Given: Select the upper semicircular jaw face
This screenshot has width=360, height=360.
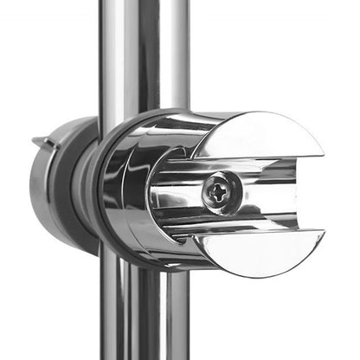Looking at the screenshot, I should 259,136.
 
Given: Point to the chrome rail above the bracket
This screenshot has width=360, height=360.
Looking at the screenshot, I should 143,52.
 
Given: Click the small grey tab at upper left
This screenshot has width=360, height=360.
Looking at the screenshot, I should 40,140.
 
